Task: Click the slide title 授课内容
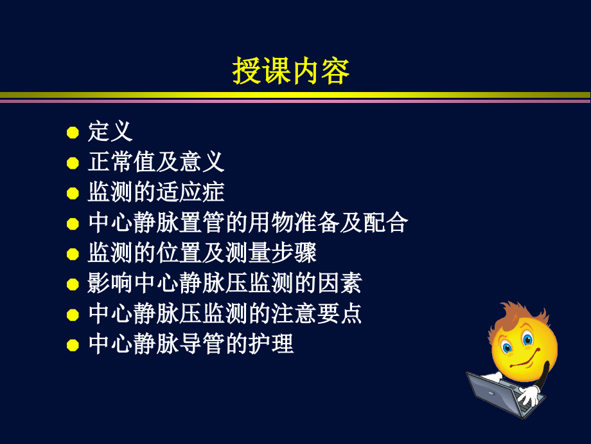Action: tap(291, 71)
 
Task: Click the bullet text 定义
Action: tap(110, 131)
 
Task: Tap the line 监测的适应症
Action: tap(156, 192)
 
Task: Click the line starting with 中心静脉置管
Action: tap(248, 223)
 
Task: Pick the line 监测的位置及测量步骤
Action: tap(202, 253)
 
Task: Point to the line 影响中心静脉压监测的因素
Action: tap(225, 283)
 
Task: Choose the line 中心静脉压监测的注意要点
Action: tap(225, 313)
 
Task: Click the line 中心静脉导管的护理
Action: tap(191, 344)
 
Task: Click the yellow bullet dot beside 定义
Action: tap(73, 133)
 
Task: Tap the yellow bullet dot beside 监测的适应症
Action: tap(73, 194)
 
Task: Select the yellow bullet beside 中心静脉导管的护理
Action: tap(73, 345)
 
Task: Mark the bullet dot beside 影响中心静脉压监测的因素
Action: tap(73, 284)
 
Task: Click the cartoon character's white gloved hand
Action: tap(529, 393)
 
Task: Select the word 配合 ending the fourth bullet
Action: tap(385, 223)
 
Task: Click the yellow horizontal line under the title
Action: tap(295, 95)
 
